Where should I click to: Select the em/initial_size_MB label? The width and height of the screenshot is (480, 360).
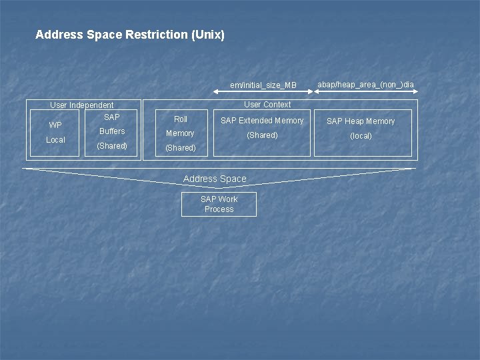(263, 85)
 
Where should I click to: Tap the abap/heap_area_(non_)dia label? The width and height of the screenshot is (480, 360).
(365, 84)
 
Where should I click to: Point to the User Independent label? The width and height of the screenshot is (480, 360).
(82, 105)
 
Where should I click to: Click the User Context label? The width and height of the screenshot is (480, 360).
(267, 104)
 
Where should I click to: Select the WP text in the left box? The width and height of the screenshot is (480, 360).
(55, 125)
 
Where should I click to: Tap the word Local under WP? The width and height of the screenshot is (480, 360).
(55, 140)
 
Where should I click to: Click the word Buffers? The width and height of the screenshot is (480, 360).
(112, 131)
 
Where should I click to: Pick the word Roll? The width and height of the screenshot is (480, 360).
(181, 119)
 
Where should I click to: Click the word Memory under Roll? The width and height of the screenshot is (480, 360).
(180, 133)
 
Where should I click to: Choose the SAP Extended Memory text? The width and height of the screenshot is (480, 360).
(262, 121)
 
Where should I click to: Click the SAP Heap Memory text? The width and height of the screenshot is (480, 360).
(361, 121)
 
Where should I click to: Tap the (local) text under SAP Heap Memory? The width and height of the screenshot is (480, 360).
(361, 136)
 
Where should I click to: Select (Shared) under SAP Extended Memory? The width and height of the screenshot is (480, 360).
(262, 135)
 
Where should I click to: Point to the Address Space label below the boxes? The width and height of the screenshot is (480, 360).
(215, 179)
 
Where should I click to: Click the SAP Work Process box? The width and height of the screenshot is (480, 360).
(219, 204)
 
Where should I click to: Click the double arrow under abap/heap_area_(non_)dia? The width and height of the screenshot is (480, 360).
(366, 93)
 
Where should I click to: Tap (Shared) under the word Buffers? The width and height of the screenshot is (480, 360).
(112, 145)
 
